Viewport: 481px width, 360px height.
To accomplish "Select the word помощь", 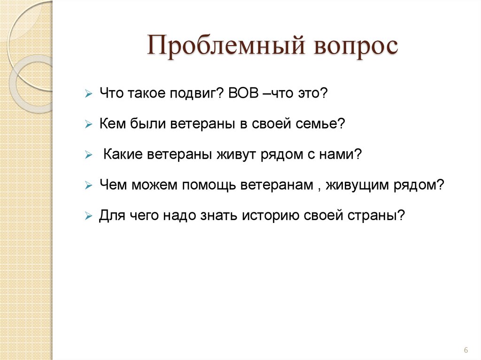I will point(207,185).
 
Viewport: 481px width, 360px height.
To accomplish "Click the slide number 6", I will point(465,350).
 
